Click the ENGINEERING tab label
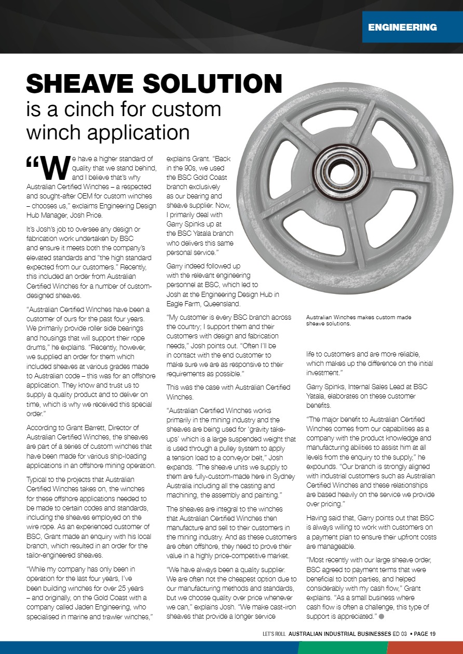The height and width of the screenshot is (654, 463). click(x=402, y=27)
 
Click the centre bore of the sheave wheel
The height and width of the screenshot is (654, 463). click(x=339, y=172)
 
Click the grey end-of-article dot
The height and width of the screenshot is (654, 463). click(x=381, y=617)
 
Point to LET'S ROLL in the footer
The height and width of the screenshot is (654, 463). click(x=275, y=633)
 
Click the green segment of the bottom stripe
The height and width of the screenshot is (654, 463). click(x=343, y=648)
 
